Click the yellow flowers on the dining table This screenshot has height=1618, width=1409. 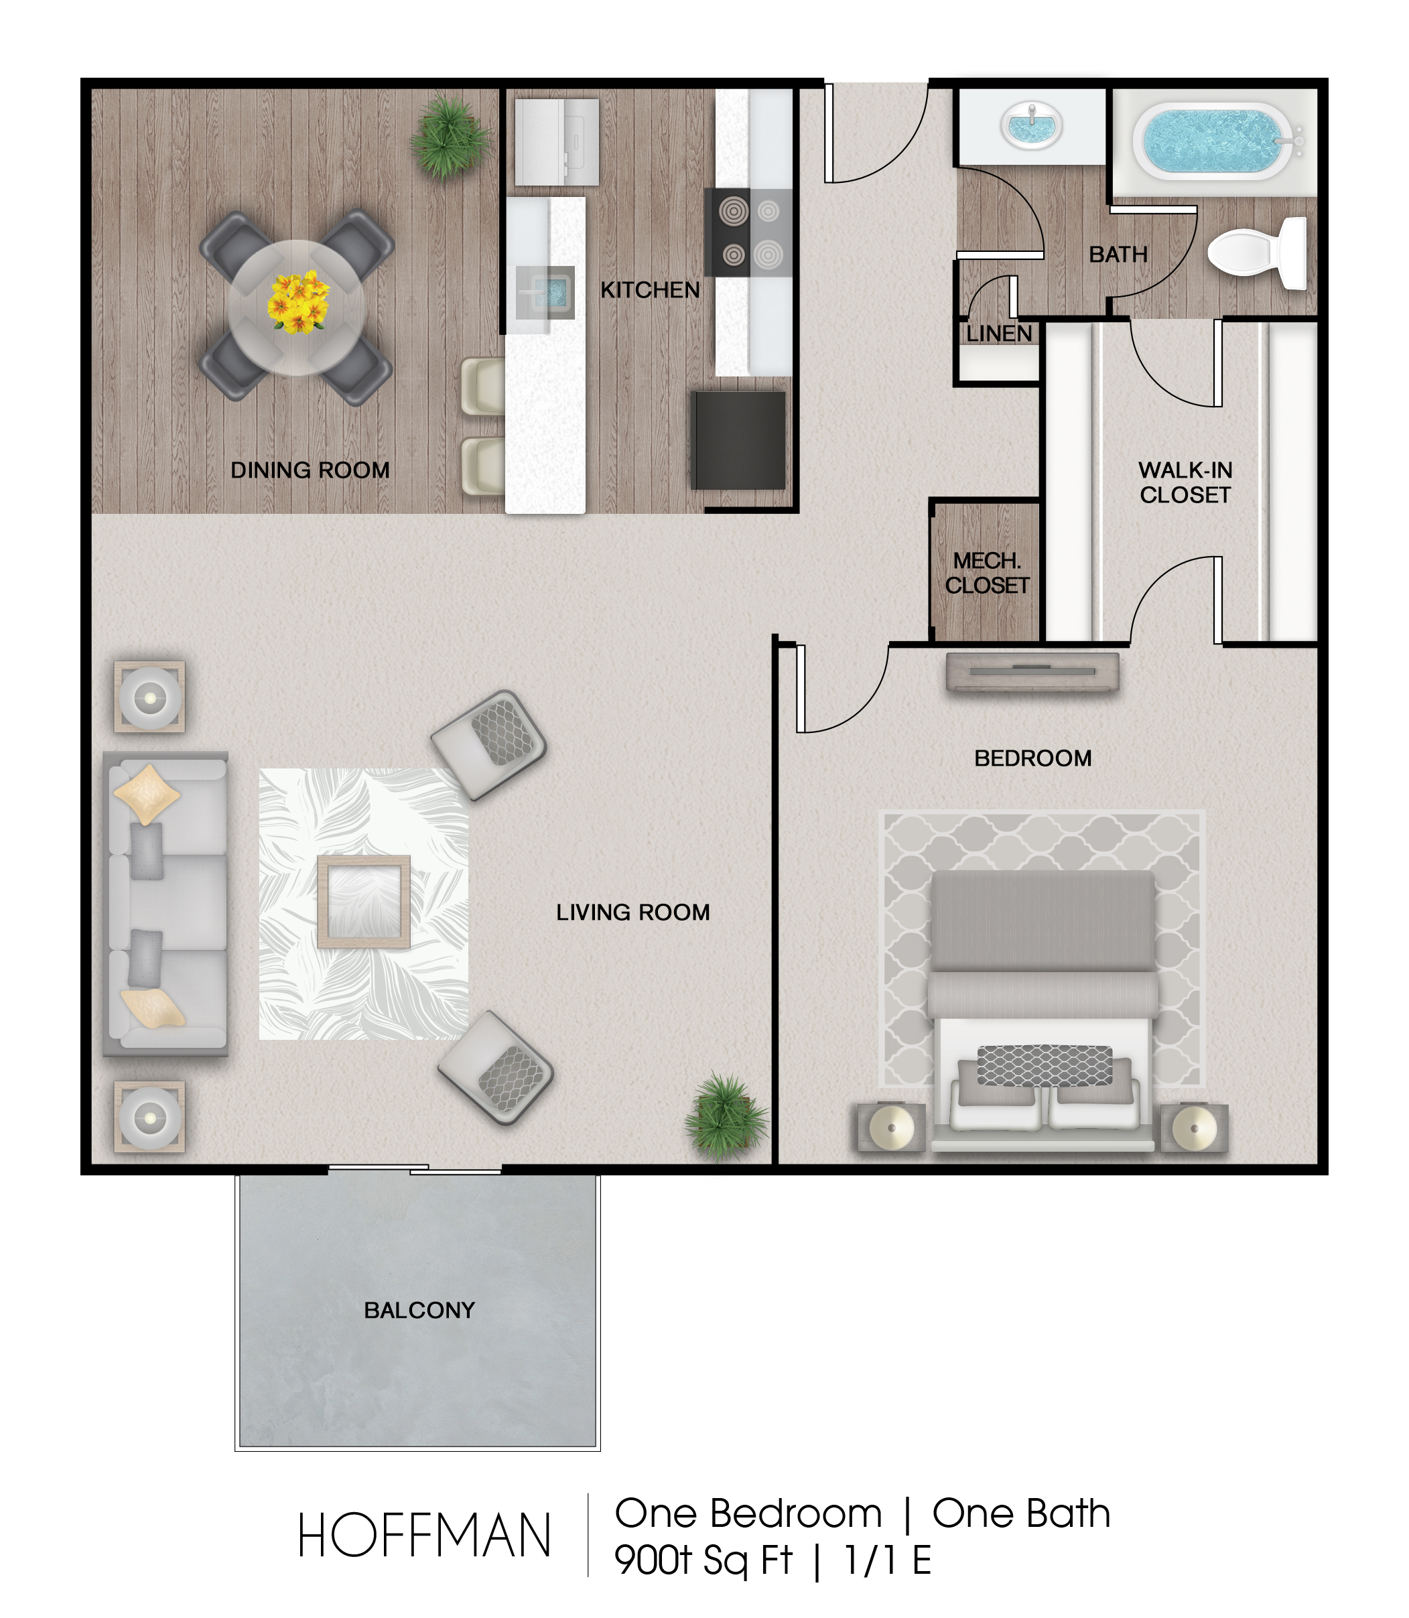[298, 302]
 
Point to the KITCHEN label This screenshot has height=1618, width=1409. [651, 290]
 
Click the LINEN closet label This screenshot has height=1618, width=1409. [998, 334]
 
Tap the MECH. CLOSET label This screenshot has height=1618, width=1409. [987, 573]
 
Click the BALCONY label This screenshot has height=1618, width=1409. [419, 1310]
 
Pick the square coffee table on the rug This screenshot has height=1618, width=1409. [363, 902]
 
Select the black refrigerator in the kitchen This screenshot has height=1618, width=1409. [738, 440]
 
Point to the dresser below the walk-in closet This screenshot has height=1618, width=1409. [1032, 672]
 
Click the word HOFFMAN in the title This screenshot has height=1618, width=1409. [424, 1536]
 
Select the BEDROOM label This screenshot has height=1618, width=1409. [1033, 758]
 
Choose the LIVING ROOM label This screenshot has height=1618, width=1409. [633, 913]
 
